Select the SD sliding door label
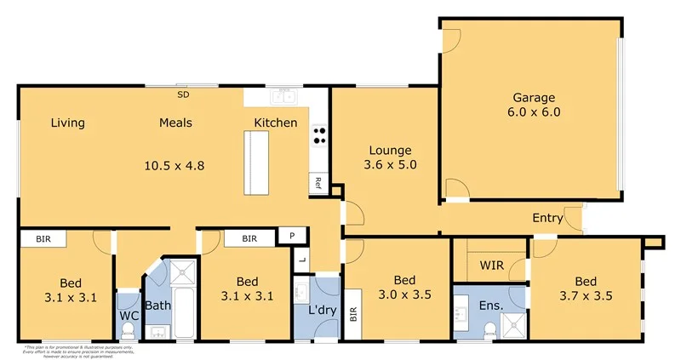[182, 84]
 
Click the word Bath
[158, 305]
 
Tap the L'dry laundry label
[322, 305]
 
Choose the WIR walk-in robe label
[491, 266]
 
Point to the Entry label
[547, 218]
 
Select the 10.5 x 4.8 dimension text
[175, 165]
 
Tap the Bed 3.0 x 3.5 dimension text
[403, 296]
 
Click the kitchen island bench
[255, 163]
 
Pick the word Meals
[175, 123]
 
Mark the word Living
[67, 123]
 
